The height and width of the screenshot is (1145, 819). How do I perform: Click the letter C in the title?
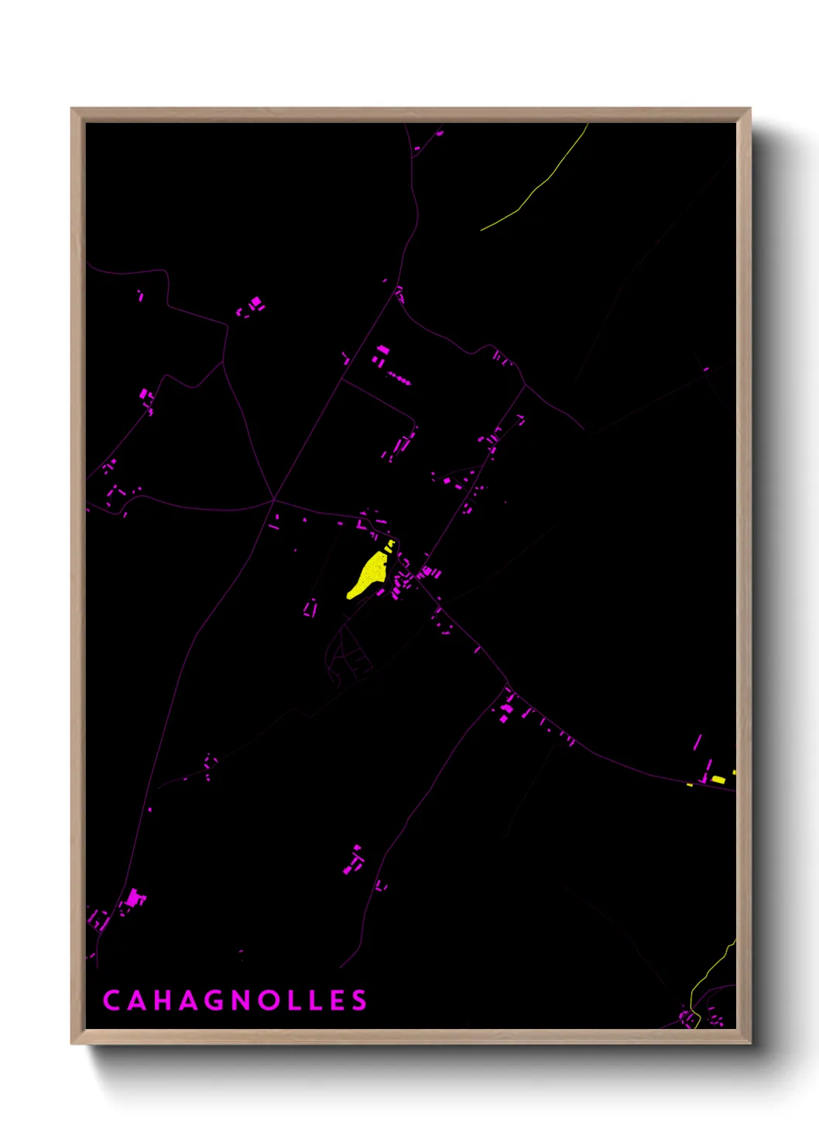[x=111, y=1000]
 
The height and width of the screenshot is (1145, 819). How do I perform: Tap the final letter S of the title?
[x=359, y=1000]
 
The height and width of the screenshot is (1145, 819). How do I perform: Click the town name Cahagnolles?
[x=235, y=1000]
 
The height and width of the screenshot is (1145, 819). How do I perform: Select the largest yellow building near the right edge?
[x=719, y=780]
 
